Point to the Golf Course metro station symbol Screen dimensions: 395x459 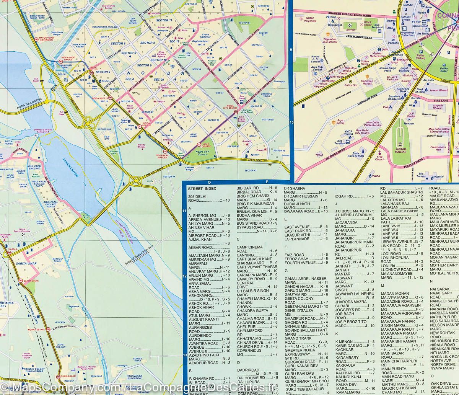(x=199, y=144)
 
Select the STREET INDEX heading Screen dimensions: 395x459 (x=202, y=189)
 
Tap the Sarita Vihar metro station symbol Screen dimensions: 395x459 (x=21, y=281)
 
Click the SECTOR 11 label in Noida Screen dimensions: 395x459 (x=164, y=20)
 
